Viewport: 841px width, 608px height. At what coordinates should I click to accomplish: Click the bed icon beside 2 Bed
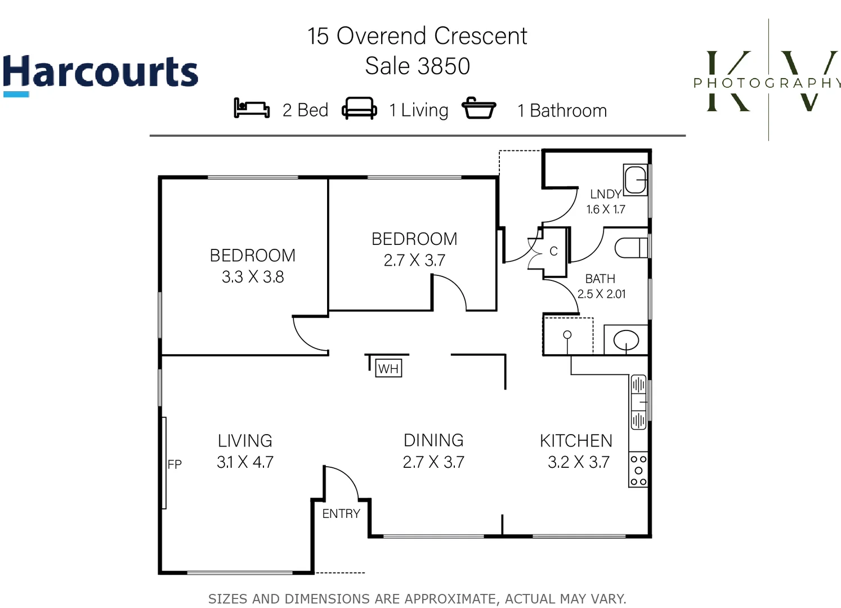(x=251, y=108)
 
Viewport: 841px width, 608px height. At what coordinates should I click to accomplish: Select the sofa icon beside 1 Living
(x=359, y=108)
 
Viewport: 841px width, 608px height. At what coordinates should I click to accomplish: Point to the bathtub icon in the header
(x=478, y=108)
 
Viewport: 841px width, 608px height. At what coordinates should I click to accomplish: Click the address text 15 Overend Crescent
(x=417, y=36)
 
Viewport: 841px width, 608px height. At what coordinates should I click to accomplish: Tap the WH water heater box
(x=388, y=368)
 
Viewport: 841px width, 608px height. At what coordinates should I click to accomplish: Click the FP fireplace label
(x=175, y=464)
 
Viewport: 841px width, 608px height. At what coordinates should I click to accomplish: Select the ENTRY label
(x=341, y=513)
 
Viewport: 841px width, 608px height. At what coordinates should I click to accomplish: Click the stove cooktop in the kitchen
(x=638, y=470)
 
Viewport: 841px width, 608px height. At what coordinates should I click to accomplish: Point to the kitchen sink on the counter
(x=638, y=402)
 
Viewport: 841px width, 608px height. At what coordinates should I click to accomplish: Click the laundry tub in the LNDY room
(x=636, y=180)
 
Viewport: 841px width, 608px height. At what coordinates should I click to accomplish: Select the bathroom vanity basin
(x=625, y=340)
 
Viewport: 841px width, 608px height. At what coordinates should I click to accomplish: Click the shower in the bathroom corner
(x=568, y=336)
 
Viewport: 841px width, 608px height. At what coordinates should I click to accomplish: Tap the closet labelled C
(x=554, y=251)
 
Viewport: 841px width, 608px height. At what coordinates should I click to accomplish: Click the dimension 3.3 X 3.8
(x=253, y=277)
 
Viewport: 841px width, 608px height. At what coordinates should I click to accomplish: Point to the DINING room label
(x=433, y=440)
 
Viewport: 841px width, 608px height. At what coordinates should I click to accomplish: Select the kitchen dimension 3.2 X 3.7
(x=579, y=462)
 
